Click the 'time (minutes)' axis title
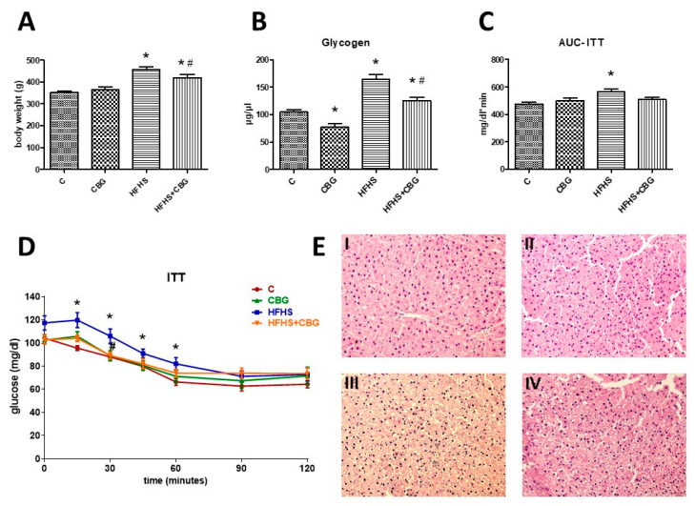175,486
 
